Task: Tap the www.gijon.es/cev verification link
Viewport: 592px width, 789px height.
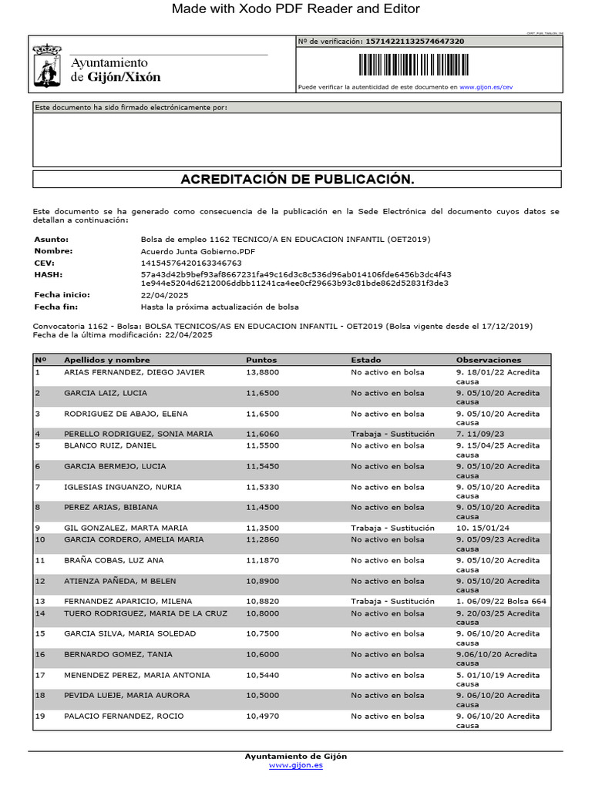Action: (x=486, y=88)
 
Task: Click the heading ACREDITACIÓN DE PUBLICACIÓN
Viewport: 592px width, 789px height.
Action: (x=297, y=180)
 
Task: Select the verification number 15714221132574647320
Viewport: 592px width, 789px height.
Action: (x=415, y=42)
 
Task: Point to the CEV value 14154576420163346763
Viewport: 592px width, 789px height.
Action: (x=191, y=263)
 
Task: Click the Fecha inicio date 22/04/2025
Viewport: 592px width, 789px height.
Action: (x=165, y=296)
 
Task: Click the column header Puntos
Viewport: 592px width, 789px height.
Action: (x=261, y=360)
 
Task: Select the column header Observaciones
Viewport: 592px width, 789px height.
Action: (x=489, y=360)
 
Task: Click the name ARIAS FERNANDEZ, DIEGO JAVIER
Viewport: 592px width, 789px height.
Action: (x=134, y=372)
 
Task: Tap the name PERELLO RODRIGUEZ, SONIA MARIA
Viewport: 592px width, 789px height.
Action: (x=138, y=434)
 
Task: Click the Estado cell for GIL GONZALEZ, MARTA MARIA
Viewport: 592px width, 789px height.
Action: (x=392, y=528)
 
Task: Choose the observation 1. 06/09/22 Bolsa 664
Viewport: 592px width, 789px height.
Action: (x=501, y=601)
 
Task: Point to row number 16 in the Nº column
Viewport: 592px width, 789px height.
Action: (x=41, y=654)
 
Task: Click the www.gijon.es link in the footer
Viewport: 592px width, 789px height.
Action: (x=296, y=765)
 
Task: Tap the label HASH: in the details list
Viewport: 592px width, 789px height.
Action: (x=48, y=274)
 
